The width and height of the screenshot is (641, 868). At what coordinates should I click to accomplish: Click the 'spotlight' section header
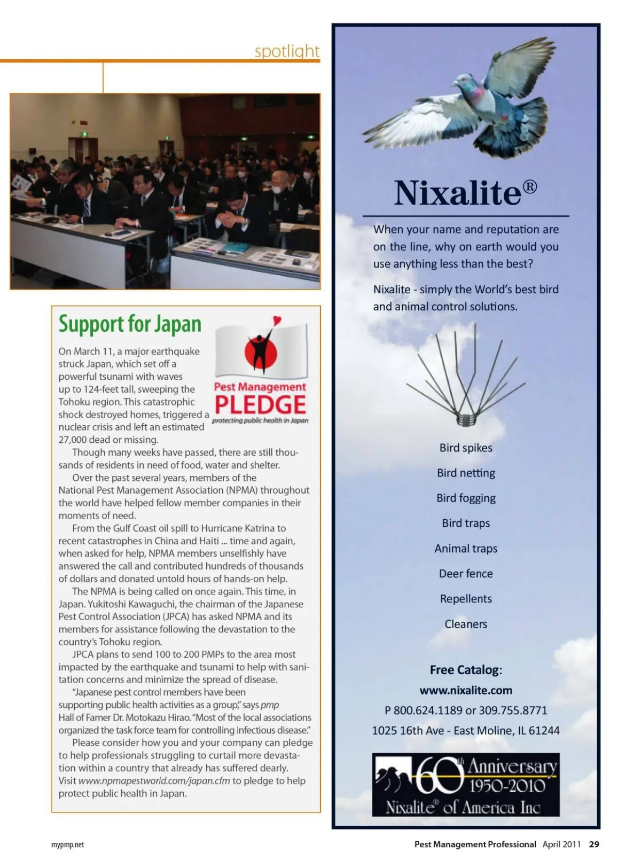point(287,51)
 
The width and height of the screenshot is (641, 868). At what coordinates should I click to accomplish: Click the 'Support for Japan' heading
point(130,324)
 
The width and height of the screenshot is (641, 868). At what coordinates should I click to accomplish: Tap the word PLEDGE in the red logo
point(260,405)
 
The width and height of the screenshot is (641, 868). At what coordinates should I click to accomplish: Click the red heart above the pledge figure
point(277,320)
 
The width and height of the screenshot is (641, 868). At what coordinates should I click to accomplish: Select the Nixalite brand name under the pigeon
point(458,193)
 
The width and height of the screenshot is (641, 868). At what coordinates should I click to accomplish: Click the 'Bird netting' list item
point(466,473)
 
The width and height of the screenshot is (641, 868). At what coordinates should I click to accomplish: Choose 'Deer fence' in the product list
point(466,574)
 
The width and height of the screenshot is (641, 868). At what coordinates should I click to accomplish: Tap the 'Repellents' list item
point(466,599)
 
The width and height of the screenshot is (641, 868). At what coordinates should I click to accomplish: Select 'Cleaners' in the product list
point(466,624)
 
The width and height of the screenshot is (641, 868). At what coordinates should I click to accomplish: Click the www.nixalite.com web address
point(466,690)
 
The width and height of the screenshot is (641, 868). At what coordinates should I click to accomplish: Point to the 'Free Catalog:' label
point(466,670)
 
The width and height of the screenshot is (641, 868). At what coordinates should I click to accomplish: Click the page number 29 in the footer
point(594,844)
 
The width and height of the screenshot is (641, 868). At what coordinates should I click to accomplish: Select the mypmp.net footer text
point(68,844)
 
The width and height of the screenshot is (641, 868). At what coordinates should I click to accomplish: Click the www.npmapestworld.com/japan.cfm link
point(154,781)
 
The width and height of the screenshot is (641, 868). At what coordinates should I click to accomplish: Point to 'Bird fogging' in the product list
point(466,498)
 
